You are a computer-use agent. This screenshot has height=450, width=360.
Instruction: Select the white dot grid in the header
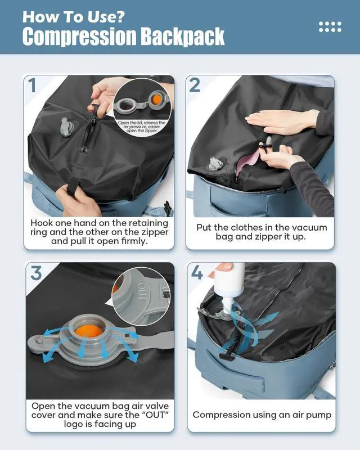coord(330,26)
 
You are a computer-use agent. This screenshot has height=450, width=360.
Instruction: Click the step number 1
coord(33,85)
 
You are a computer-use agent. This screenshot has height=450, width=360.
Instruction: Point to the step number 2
coord(195,85)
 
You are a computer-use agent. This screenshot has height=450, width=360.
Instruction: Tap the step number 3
coord(35,273)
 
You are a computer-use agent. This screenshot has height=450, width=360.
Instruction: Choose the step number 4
coord(197,273)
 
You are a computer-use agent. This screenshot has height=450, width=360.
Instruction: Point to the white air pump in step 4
coord(232,284)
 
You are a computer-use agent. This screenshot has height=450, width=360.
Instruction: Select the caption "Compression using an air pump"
coord(262,415)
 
